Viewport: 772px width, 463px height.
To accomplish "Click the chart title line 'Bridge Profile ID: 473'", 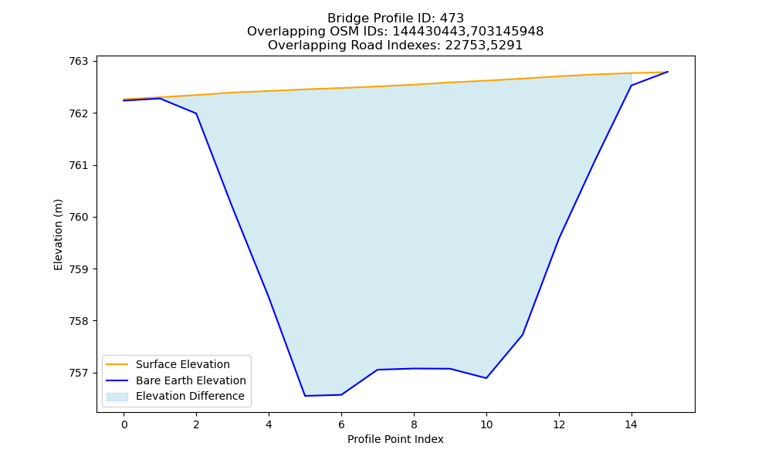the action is tap(395, 19).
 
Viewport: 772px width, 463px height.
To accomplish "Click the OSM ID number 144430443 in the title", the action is tap(428, 32).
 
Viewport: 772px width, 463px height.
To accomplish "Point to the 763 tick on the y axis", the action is tap(78, 62).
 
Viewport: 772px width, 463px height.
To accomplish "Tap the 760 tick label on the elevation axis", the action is tap(78, 218).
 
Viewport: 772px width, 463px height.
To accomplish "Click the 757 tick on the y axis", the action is tap(78, 373).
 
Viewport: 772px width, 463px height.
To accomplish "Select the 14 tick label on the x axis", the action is tap(631, 424).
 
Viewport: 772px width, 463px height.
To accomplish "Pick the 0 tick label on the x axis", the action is tap(124, 424).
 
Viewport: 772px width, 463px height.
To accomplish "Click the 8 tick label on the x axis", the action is tap(414, 424).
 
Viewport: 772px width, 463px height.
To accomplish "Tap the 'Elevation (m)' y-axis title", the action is tap(59, 235).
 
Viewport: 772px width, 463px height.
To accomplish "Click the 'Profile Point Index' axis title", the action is tap(395, 439).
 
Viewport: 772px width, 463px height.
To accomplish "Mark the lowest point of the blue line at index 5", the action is tap(305, 396).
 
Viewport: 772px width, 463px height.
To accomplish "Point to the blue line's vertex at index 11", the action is tap(523, 335).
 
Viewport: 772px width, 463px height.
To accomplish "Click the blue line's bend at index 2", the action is tap(196, 113).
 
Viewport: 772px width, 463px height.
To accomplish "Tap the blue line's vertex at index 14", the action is tap(631, 86).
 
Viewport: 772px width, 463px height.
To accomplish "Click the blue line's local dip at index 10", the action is tap(486, 378).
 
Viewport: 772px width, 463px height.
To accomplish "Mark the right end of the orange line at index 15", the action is tap(668, 72).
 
